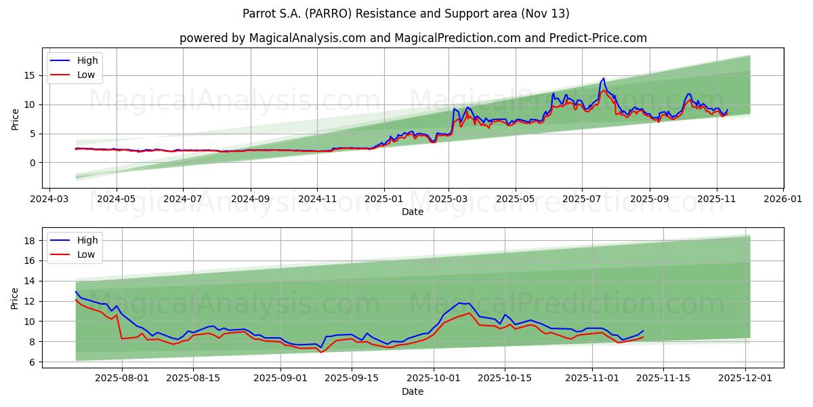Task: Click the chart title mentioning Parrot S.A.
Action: coord(406,14)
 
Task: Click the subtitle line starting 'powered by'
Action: coord(413,38)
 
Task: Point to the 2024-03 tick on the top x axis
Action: coord(49,200)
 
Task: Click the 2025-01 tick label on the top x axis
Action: coord(384,200)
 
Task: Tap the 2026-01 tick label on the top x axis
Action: coord(783,200)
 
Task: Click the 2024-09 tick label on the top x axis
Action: coord(250,200)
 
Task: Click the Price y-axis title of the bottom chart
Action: coord(16,298)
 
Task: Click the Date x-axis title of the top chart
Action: coord(413,212)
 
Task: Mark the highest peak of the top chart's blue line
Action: coord(603,79)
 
